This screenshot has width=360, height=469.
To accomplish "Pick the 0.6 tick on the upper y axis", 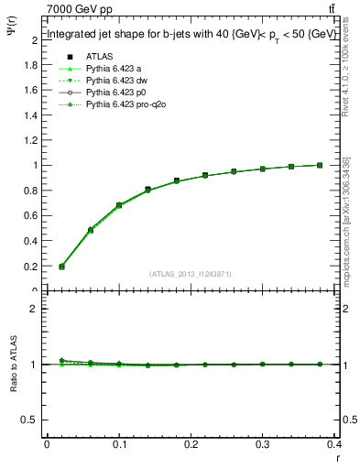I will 33,216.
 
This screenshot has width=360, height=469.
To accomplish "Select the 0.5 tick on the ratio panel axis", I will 33,420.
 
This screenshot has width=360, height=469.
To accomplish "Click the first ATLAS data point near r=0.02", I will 61,267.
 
